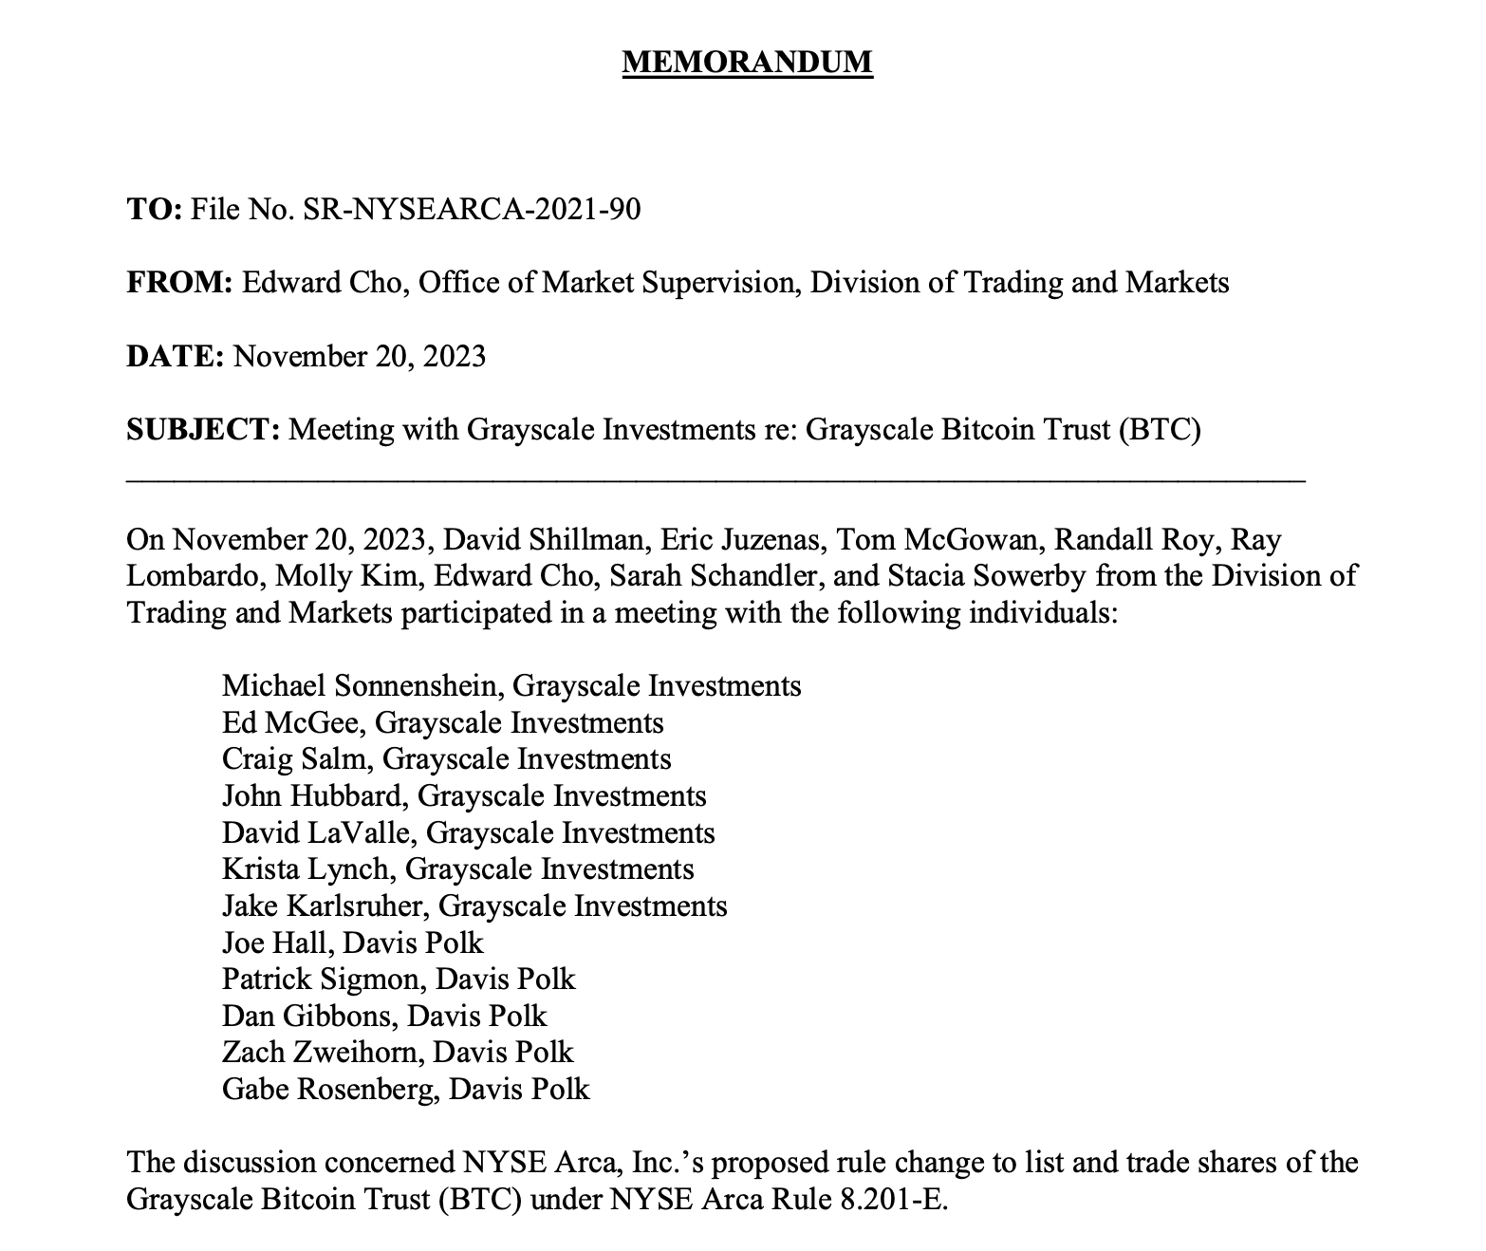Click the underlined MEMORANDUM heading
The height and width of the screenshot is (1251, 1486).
[747, 62]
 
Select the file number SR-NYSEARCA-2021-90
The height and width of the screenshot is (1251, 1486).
[471, 209]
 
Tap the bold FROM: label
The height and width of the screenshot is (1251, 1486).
[179, 283]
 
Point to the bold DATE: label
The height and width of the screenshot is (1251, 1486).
[175, 356]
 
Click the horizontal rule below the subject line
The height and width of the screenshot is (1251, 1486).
[715, 483]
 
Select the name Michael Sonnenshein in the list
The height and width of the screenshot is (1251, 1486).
[359, 685]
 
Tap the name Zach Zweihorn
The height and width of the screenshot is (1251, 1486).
[320, 1052]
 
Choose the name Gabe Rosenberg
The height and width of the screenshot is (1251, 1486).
[327, 1089]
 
